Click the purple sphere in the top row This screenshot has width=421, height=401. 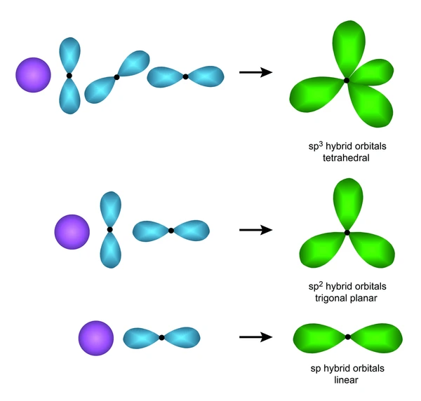point(33,75)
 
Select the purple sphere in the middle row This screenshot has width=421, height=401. point(72,232)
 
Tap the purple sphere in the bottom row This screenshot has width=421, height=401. point(96,338)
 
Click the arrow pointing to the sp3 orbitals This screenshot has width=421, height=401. point(256,72)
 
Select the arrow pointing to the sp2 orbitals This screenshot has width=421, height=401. point(256,230)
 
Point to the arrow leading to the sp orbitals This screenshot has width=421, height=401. point(256,337)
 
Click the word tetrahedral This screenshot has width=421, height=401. point(346,158)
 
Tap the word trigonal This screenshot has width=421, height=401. point(330,298)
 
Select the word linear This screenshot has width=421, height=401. point(346,380)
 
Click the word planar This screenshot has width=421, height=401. point(363,298)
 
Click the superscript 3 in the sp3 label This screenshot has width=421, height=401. point(321,144)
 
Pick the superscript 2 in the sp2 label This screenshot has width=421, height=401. point(321,284)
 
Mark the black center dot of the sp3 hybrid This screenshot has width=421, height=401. point(347,80)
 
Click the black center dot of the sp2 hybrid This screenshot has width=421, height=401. point(347,233)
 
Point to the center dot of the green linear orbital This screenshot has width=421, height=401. point(348,337)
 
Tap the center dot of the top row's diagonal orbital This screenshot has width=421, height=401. point(116,77)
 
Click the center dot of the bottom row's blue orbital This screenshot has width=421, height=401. point(161,338)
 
